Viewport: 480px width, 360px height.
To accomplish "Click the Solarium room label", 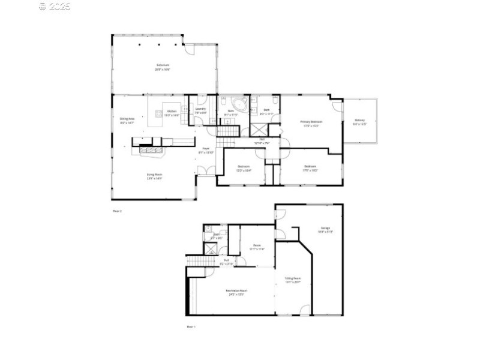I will tap(163, 67).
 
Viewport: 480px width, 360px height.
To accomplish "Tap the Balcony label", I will tap(359, 122).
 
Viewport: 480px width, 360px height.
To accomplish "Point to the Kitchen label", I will tap(172, 113).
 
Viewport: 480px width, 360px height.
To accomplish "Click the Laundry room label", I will tap(201, 110).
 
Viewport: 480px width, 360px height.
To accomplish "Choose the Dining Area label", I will tap(127, 121).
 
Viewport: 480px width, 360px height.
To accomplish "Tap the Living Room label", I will tap(155, 176).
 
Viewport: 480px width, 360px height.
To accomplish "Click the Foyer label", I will tap(205, 150).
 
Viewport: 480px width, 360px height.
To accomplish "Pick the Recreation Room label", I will tap(236, 292).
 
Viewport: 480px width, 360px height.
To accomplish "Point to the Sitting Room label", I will tap(292, 280).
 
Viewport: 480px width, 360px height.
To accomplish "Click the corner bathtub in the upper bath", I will tap(240, 107).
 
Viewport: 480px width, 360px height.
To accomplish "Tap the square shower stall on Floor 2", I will tap(259, 130).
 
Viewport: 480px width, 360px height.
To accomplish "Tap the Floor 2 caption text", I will tap(118, 211).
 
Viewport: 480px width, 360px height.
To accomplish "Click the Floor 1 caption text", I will tap(191, 326).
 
